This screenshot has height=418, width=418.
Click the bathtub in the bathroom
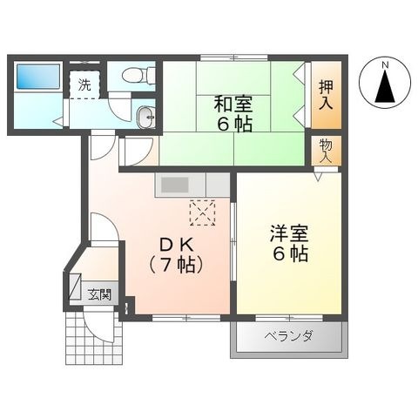point(38,77)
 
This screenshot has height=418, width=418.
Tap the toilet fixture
point(138,75)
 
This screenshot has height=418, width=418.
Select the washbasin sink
point(145,117)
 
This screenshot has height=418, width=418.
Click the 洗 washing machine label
point(84,84)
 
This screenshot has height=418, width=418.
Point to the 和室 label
point(233,104)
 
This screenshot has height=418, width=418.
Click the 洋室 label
point(289,233)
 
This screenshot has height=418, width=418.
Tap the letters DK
point(178,246)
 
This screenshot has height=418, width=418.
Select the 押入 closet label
point(326,95)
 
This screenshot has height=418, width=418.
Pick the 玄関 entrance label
point(99,294)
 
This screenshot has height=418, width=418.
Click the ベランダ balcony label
point(288,336)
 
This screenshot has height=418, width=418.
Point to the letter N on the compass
point(385,65)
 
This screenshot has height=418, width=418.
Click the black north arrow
point(385,86)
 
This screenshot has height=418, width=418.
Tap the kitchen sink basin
point(175,185)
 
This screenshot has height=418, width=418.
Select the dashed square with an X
point(202,212)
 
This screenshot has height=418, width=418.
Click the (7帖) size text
point(175,265)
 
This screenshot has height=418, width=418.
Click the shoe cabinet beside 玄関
point(75,286)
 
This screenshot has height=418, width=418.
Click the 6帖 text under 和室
point(233,125)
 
